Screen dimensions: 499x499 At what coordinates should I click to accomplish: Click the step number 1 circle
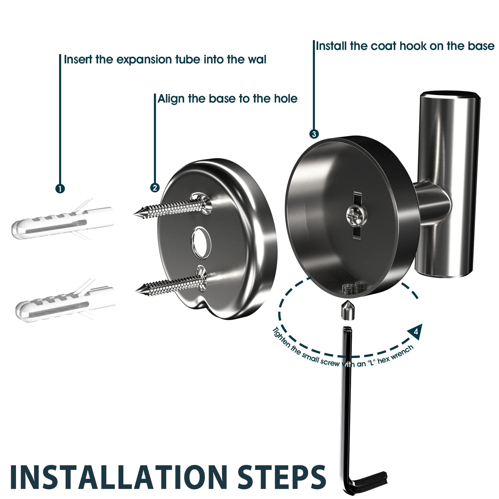click(60, 189)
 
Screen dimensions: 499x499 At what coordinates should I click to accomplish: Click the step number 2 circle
click(155, 188)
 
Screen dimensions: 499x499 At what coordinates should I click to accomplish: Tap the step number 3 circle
click(314, 134)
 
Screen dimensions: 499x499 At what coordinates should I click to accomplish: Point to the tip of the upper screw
click(134, 214)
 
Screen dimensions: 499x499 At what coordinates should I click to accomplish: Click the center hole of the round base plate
click(201, 243)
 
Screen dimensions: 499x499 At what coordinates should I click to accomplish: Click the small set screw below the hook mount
click(346, 313)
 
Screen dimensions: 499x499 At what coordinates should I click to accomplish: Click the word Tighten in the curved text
click(281, 337)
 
